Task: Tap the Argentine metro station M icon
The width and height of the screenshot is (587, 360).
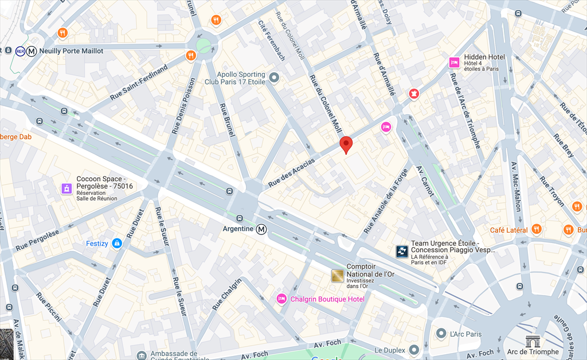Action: (x=261, y=229)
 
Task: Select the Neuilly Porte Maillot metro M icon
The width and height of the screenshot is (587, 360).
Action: (x=32, y=51)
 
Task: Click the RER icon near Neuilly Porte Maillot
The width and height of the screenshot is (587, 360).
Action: (x=20, y=51)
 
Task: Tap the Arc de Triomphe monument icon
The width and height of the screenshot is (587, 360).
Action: (x=533, y=341)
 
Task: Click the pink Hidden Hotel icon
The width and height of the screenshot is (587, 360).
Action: (x=454, y=62)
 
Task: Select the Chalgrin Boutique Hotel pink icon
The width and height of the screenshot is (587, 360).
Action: (x=281, y=299)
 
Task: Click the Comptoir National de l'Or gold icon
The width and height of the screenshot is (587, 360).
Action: (x=338, y=276)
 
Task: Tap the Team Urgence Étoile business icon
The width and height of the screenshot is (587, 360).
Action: (x=402, y=251)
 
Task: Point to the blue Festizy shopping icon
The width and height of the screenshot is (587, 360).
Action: (x=117, y=243)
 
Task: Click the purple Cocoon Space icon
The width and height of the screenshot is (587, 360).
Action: (x=67, y=189)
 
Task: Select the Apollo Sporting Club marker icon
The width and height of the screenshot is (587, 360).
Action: (x=274, y=77)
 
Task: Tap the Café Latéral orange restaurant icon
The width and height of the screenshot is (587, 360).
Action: (x=537, y=229)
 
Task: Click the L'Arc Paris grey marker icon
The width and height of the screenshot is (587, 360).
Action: (x=441, y=333)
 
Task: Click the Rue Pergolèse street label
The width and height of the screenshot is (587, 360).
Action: (x=37, y=240)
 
